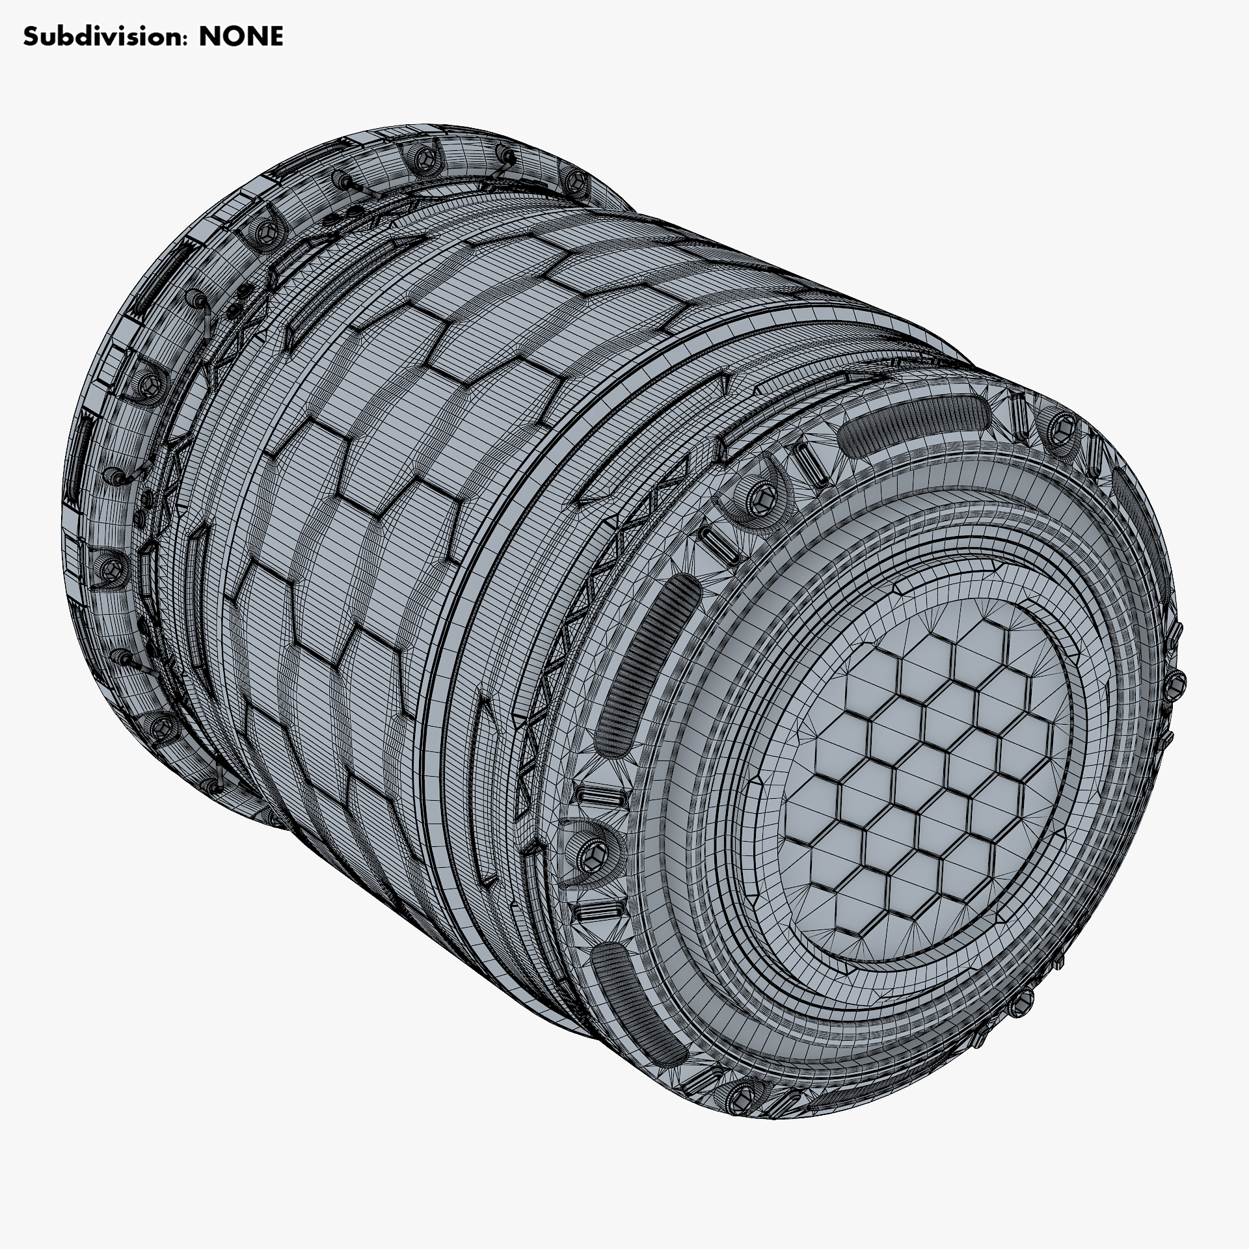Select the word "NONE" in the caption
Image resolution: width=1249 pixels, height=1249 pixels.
pos(241,37)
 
